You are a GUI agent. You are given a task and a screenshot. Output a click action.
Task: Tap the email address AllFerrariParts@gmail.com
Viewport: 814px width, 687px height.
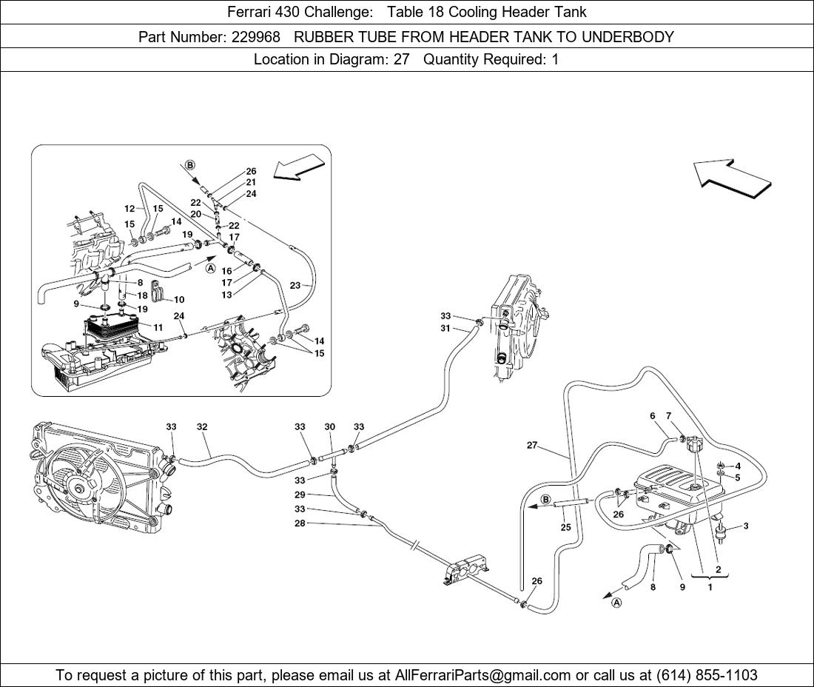pyautogui.click(x=483, y=675)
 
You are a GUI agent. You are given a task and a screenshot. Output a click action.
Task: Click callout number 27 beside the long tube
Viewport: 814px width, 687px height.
pyautogui.click(x=532, y=446)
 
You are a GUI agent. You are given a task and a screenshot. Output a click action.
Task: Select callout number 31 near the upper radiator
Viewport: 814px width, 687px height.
pyautogui.click(x=445, y=328)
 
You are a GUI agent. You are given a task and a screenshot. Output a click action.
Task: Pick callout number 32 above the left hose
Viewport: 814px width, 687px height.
pyautogui.click(x=202, y=427)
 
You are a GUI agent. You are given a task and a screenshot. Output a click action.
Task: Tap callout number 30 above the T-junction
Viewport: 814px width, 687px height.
pyautogui.click(x=330, y=427)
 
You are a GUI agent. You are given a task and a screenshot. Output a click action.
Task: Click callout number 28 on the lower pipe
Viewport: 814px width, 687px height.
pyautogui.click(x=300, y=523)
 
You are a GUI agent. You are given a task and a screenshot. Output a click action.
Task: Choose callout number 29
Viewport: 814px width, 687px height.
pyautogui.click(x=300, y=494)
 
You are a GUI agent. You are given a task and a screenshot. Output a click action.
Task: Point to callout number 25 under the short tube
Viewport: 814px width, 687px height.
pyautogui.click(x=566, y=527)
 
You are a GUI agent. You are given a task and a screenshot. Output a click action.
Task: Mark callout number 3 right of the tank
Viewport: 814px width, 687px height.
pyautogui.click(x=745, y=526)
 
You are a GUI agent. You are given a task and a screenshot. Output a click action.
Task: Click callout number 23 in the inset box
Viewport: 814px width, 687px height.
pyautogui.click(x=295, y=285)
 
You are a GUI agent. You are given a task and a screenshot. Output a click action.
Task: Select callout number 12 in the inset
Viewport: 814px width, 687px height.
pyautogui.click(x=129, y=209)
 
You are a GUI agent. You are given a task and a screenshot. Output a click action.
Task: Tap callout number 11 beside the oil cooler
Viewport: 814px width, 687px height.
pyautogui.click(x=158, y=326)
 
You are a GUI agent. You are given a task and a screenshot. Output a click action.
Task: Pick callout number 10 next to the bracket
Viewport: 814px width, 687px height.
pyautogui.click(x=179, y=300)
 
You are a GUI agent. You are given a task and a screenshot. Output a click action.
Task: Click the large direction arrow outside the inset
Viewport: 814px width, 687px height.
pyautogui.click(x=733, y=178)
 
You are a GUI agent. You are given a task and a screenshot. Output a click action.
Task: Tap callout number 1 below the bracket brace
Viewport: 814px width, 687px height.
pyautogui.click(x=710, y=588)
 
